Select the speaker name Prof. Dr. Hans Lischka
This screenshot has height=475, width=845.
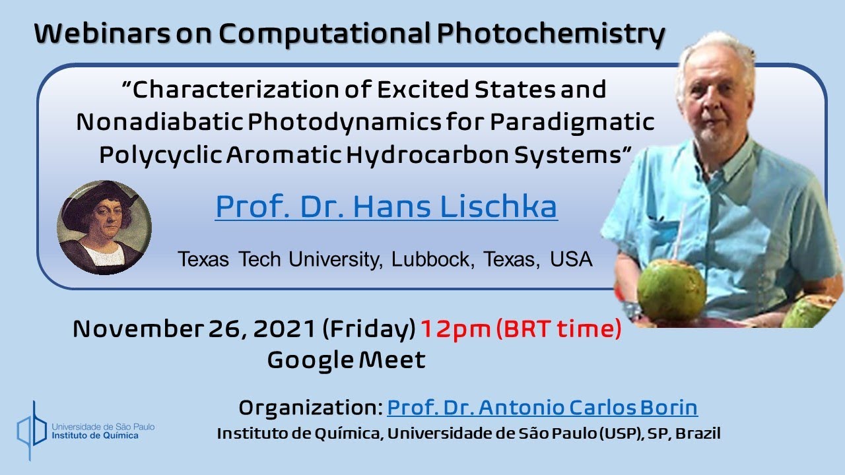click(386, 206)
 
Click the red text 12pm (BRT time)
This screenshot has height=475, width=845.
click(521, 329)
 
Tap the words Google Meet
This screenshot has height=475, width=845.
click(346, 360)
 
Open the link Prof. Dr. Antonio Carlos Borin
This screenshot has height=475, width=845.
click(542, 408)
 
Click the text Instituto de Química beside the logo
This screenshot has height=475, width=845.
click(96, 436)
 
